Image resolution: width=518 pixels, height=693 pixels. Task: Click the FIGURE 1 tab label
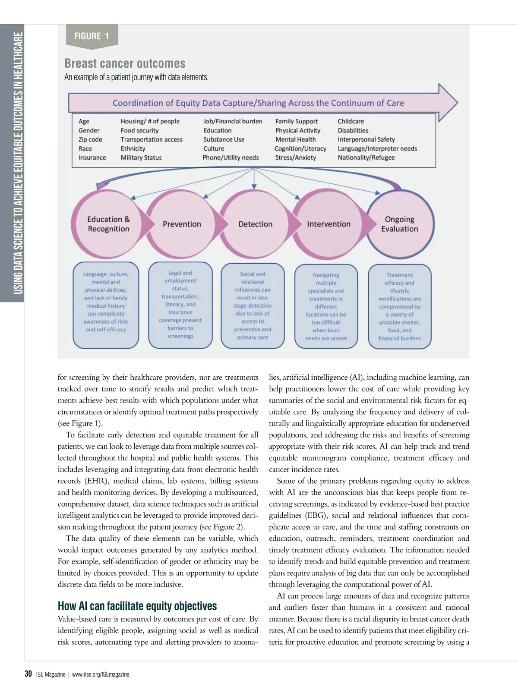pos(92,36)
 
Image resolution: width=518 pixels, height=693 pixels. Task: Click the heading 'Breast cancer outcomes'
pos(125,63)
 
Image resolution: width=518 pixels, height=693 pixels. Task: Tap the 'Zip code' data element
pos(90,139)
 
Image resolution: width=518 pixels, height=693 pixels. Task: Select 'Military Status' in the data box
pos(141,157)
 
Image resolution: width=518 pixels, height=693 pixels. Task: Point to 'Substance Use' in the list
pos(224,139)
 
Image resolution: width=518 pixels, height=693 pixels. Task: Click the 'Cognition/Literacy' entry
pos(300,148)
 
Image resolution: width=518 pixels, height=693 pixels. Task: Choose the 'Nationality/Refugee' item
pos(366,157)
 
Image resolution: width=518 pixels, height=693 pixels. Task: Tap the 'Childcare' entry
pos(351,121)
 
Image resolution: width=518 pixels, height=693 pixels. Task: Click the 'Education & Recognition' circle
pos(108,224)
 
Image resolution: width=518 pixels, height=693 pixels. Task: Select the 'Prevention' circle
pos(182,224)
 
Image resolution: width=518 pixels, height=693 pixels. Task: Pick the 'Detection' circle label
pos(255,224)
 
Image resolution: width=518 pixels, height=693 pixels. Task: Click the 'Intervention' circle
pos(328,224)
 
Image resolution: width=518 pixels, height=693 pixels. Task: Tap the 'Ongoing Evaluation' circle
pos(399,224)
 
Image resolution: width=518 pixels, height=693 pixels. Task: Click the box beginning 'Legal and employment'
pos(180,305)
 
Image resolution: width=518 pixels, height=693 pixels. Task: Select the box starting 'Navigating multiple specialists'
pos(326,306)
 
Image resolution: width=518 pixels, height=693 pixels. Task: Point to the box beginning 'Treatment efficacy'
pos(399,306)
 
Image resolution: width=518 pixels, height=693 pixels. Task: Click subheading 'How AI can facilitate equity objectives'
pos(137,606)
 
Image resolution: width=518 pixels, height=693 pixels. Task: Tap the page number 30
pos(28,674)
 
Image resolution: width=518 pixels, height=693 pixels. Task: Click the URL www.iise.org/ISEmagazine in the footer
pos(101,674)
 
